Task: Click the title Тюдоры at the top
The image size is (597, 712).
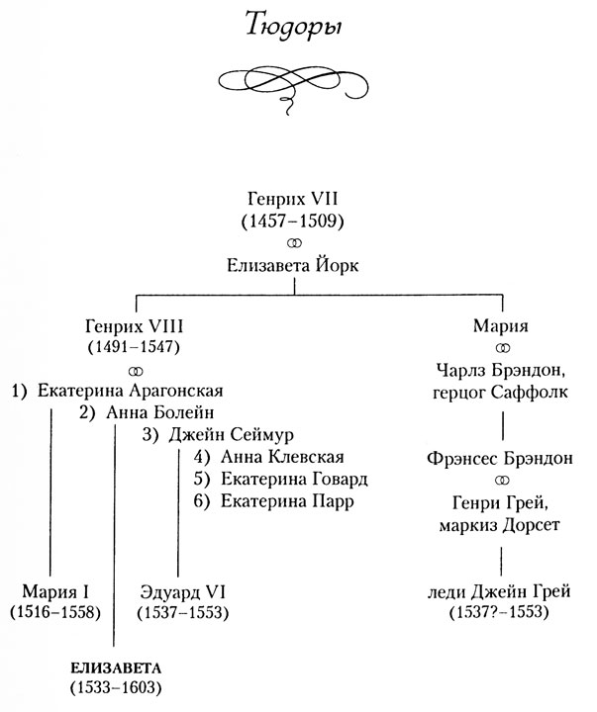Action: coord(297,30)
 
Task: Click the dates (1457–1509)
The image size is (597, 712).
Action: coord(297,221)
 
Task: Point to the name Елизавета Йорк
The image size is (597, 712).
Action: coord(297,264)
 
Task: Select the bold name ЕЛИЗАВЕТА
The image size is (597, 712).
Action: coord(114,664)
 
